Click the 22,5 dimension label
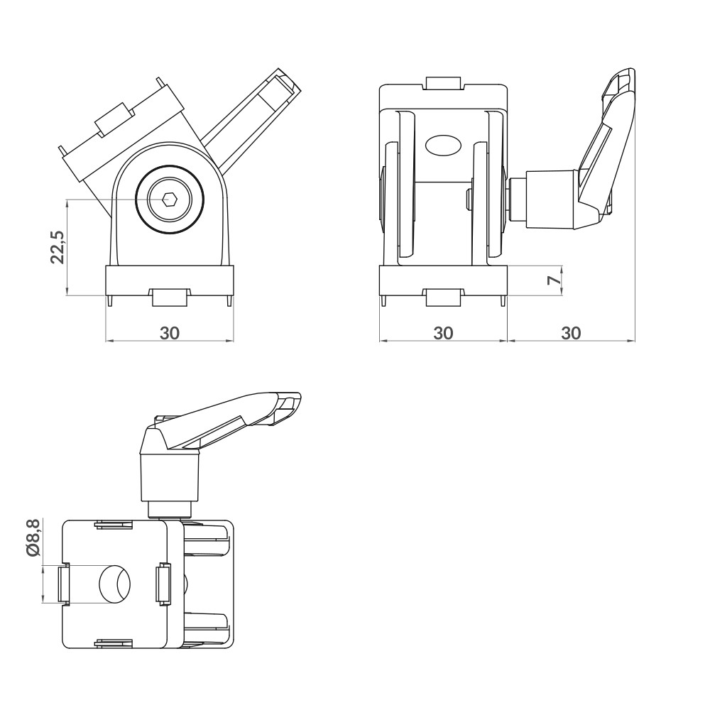point(58,247)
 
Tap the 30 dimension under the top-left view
point(169,332)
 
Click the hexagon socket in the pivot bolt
point(170,200)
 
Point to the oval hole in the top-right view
point(442,146)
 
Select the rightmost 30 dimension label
point(571,332)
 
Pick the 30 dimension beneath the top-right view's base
point(443,332)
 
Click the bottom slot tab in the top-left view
point(170,296)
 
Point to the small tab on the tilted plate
point(114,119)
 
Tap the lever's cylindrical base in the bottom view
point(170,477)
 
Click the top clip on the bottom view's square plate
point(114,525)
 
